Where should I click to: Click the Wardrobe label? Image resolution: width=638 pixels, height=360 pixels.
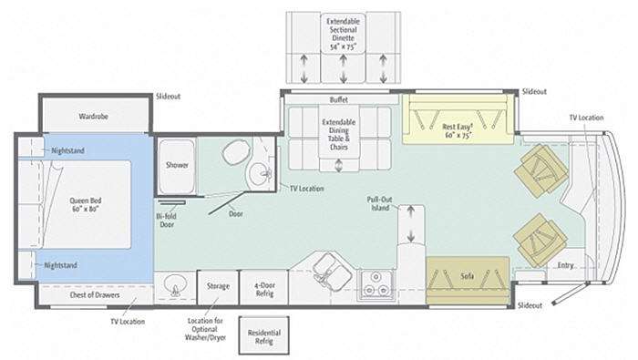pyautogui.click(x=94, y=117)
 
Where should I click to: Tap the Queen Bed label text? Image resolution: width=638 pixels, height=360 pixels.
pyautogui.click(x=86, y=205)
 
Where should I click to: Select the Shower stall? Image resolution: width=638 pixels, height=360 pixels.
pyautogui.click(x=177, y=166)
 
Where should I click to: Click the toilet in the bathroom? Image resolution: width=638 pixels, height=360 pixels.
pyautogui.click(x=236, y=152)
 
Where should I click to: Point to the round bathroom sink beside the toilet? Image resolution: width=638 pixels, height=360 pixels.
pyautogui.click(x=260, y=175)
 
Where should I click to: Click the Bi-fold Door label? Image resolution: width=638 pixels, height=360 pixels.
pyautogui.click(x=167, y=220)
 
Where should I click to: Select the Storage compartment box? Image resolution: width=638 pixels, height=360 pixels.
pyautogui.click(x=218, y=287)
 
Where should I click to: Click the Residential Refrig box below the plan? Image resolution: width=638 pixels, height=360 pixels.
pyautogui.click(x=264, y=335)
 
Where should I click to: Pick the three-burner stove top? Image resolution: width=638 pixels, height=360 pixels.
pyautogui.click(x=376, y=284)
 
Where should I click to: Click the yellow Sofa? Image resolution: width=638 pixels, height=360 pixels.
pyautogui.click(x=468, y=280)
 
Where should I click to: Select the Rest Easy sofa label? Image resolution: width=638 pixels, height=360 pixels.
pyautogui.click(x=457, y=131)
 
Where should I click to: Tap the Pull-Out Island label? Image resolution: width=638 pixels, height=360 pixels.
pyautogui.click(x=380, y=204)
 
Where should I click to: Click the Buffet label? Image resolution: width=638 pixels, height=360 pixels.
pyautogui.click(x=338, y=99)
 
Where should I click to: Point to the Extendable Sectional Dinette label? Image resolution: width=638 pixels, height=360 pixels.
pyautogui.click(x=343, y=34)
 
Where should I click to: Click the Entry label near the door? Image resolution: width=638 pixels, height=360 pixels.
pyautogui.click(x=565, y=265)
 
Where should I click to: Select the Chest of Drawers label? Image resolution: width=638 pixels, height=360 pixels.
pyautogui.click(x=95, y=294)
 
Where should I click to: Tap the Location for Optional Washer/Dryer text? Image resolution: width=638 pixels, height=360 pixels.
pyautogui.click(x=205, y=329)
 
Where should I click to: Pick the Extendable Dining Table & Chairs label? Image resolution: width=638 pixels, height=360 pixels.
pyautogui.click(x=338, y=134)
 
